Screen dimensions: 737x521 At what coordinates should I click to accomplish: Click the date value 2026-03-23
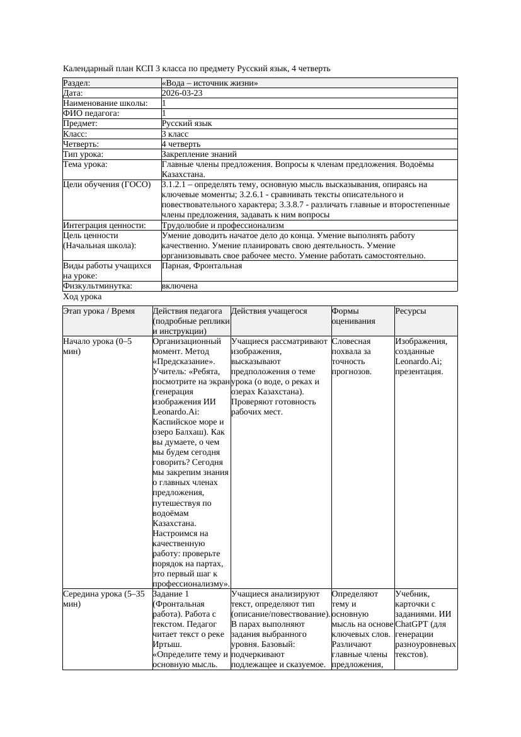point(182,93)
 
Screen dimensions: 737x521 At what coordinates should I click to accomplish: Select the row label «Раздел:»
point(77,83)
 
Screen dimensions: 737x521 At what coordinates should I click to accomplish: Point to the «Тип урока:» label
point(83,154)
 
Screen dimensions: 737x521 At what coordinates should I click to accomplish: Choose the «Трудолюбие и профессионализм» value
point(222,226)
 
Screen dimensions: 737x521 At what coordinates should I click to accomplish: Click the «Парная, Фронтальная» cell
point(202,266)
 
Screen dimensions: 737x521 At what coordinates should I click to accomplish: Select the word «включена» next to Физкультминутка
point(180,287)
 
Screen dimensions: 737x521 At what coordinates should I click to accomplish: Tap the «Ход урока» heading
point(83,297)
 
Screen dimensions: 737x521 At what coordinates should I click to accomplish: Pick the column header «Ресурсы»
point(410,311)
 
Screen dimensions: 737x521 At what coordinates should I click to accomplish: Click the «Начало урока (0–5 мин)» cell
point(97,346)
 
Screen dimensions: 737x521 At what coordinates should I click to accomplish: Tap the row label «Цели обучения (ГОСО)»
point(107,185)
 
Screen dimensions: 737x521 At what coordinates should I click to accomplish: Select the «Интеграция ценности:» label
point(105,226)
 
